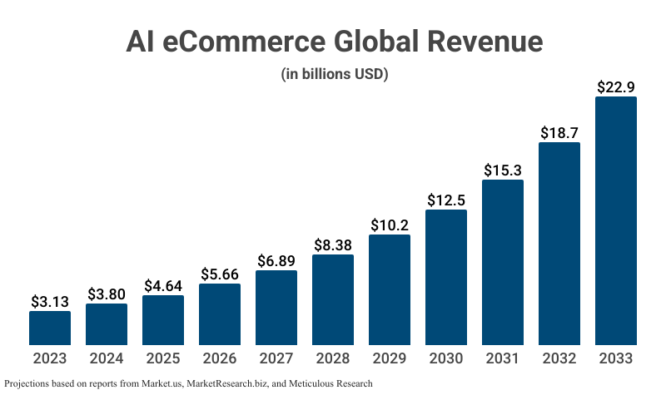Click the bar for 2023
(50, 328)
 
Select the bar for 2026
(220, 314)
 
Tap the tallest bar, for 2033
(616, 220)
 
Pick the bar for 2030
(446, 277)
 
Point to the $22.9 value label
(616, 86)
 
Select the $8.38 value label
(333, 244)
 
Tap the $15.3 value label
(503, 170)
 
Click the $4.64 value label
(163, 284)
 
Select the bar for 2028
(333, 299)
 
